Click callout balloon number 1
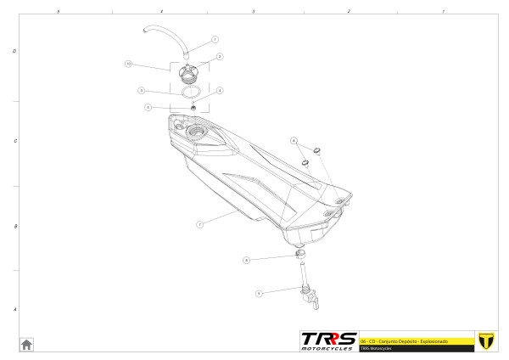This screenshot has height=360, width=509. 215,40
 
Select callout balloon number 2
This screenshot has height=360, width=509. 219,56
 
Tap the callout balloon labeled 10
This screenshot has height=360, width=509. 128,64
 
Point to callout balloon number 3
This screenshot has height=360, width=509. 141,90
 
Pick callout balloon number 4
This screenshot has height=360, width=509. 220,90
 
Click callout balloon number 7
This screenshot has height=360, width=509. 199,225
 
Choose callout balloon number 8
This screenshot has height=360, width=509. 245,260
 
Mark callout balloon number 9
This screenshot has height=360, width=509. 258,293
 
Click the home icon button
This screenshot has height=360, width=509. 27,344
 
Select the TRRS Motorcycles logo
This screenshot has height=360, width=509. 329,340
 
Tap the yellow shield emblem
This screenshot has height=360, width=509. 486,340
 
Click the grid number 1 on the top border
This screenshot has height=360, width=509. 444,11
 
